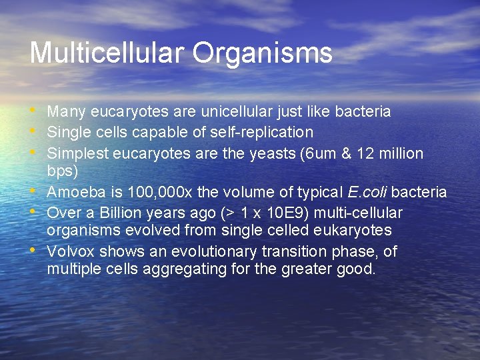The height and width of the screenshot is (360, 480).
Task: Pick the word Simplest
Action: coord(77,154)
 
